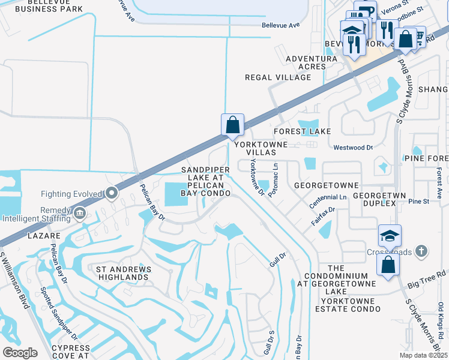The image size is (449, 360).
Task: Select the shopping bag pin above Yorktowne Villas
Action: point(232,125)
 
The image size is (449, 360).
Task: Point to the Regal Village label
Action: point(277,77)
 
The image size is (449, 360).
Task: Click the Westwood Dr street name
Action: point(353,147)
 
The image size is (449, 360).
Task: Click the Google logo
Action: point(20,352)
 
